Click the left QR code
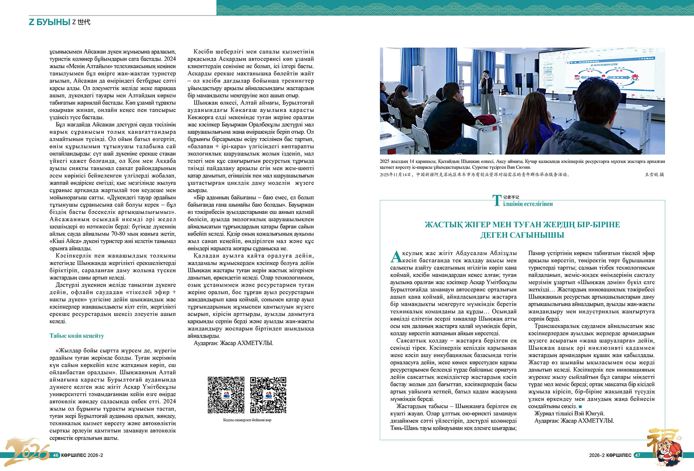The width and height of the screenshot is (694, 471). pos(226,395)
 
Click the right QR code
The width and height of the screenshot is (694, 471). pos(268,395)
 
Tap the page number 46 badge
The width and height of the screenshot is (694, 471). pos(56,455)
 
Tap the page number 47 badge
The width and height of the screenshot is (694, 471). pos(638,455)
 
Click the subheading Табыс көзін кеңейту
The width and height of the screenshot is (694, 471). pos(77,336)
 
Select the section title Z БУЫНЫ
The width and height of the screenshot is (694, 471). pos(50,22)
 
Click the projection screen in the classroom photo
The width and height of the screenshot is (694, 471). pos(600,80)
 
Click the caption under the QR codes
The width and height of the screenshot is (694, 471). pos(247,420)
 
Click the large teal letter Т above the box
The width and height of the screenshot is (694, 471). pos(497,201)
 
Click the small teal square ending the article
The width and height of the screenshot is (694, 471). pos(580,407)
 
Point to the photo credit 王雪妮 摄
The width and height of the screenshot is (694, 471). pos(654,175)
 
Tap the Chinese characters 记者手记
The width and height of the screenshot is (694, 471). pos(511,197)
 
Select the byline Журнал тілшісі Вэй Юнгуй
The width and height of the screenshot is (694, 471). pos(569,414)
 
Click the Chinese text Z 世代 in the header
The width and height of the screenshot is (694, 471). pos(81,22)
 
